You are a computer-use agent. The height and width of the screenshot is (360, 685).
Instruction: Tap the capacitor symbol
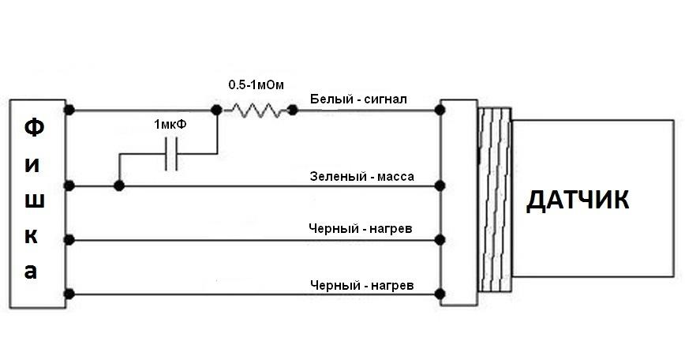pos(170,154)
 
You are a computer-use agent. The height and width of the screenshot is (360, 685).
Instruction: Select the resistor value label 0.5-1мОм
pos(256,84)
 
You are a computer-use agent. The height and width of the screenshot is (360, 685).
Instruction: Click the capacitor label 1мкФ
pos(170,125)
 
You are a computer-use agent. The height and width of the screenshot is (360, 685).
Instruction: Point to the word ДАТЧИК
pos(578,201)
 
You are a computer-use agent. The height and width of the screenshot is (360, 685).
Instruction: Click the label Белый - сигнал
pos(358,99)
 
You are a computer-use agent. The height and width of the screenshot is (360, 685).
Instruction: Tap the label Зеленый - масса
pos(361,177)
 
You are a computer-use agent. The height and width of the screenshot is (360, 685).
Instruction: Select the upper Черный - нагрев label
pos(361,228)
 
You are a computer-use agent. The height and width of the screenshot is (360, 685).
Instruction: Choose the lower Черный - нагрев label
pos(361,286)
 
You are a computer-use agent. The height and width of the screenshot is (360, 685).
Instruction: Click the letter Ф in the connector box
pos(34,128)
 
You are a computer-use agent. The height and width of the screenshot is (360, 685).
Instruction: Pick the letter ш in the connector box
pos(34,201)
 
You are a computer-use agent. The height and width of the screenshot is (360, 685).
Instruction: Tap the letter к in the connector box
pos(31,236)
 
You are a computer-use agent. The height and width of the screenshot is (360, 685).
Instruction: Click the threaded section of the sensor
pos(495,199)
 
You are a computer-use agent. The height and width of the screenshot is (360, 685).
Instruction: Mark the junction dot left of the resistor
pos(216,110)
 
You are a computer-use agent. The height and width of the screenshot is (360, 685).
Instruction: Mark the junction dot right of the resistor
pos(293,110)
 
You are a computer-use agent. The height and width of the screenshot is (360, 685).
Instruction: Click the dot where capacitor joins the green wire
pos(119,186)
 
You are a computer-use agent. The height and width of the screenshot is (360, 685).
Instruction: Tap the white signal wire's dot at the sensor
pos(440,110)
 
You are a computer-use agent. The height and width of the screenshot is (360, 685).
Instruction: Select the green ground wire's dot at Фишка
pos(69,186)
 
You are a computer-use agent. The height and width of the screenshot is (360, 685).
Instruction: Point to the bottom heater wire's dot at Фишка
pos(69,294)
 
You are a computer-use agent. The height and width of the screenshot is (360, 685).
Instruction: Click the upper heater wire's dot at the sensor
pos(440,240)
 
